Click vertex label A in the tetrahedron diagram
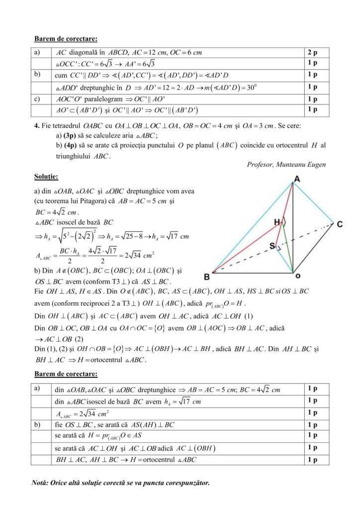[297, 178]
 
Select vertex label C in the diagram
[339, 225]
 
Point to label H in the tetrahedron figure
[277, 221]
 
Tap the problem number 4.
[36, 126]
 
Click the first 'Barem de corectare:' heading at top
[66, 38]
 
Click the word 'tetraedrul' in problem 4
[67, 126]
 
